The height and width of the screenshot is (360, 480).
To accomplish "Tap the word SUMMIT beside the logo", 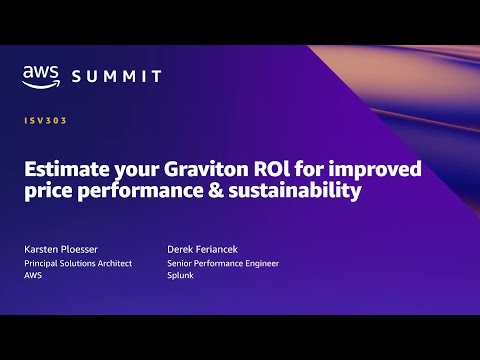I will (x=118, y=76).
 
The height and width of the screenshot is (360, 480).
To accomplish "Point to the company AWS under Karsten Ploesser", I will (x=33, y=277).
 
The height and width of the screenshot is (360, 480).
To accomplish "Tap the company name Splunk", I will (x=182, y=277).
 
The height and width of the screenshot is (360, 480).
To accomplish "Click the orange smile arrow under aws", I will (x=43, y=85).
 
